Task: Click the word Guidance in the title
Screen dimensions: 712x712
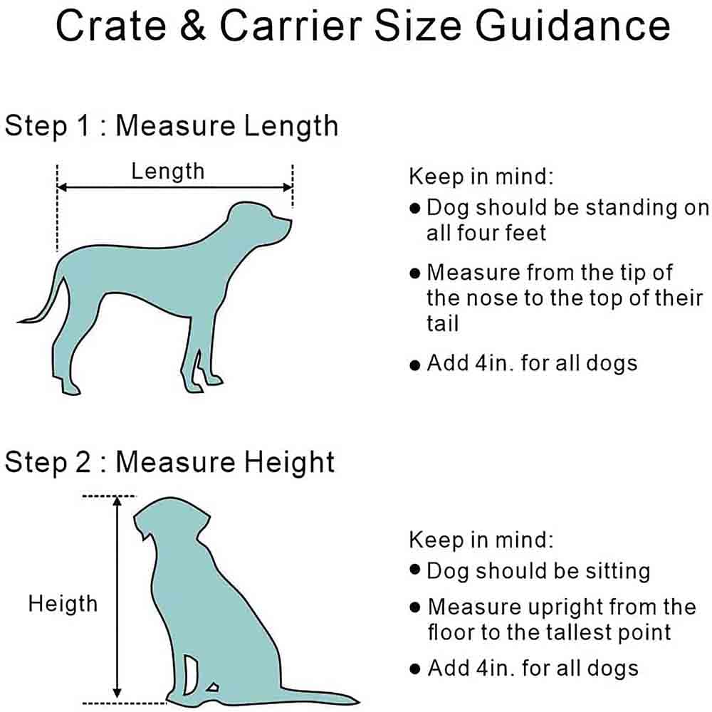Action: click(572, 26)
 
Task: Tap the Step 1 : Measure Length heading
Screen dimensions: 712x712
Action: click(171, 126)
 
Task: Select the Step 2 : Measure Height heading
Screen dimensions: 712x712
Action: click(169, 462)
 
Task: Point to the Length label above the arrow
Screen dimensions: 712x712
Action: click(167, 171)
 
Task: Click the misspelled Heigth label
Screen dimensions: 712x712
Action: click(63, 604)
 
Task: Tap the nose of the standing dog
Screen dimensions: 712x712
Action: click(288, 222)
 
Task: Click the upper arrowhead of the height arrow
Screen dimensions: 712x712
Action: click(118, 501)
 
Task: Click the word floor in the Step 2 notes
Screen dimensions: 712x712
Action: click(453, 632)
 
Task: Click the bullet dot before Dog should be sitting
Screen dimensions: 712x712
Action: click(415, 571)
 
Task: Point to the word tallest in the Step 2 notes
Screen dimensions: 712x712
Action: click(565, 632)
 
